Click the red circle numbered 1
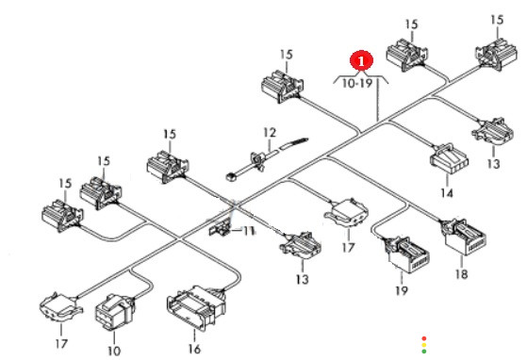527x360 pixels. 361,61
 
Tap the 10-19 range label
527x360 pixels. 357,83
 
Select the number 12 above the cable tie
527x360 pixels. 270,133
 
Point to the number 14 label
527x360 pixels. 447,193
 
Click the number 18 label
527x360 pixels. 462,274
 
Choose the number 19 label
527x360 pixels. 402,290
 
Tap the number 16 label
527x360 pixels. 194,350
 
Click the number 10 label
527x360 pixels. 114,351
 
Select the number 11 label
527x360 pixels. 249,231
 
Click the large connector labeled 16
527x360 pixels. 197,307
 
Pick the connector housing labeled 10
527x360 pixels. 115,312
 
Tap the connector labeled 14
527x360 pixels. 450,159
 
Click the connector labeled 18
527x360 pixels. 465,237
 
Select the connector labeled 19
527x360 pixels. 406,255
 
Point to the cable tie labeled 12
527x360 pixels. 267,157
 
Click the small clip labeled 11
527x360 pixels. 220,229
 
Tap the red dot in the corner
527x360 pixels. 424,338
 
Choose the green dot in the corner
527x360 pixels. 424,352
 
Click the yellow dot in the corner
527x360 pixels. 424,345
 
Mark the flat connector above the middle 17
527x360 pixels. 346,212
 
